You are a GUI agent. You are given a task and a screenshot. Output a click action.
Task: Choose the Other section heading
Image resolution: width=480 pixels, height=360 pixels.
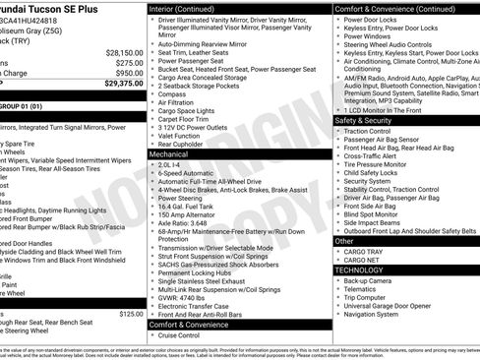344,240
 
